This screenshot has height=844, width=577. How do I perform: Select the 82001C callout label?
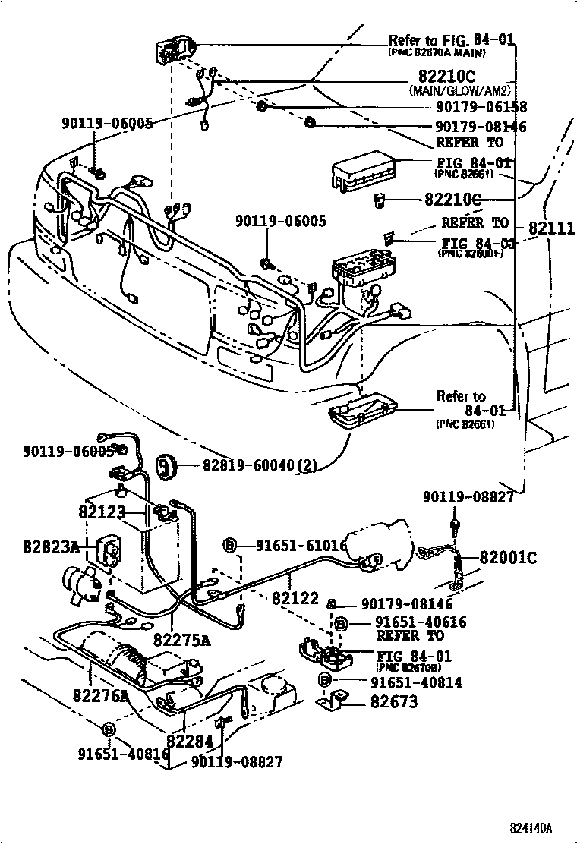(508, 558)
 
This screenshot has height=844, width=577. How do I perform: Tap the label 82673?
(394, 702)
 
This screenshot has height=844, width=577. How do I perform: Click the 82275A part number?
(181, 640)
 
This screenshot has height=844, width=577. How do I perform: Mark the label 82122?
(295, 599)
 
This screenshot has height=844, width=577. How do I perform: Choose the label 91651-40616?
(409, 622)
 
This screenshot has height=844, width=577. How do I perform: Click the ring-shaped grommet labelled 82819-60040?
(166, 467)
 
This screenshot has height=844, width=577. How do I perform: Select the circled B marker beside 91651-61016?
(230, 545)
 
